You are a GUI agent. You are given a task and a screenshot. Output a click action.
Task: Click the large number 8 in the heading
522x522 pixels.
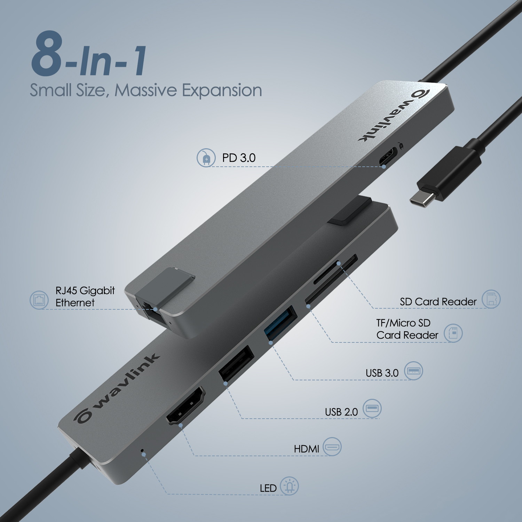(x=47, y=54)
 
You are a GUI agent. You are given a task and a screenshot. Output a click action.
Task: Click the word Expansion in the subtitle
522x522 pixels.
(x=222, y=90)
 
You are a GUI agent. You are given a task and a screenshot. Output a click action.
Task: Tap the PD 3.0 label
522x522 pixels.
(x=239, y=158)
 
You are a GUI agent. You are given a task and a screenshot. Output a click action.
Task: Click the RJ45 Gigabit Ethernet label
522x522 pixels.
(x=85, y=296)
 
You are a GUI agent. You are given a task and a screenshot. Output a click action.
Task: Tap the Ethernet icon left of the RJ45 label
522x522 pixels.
(x=39, y=300)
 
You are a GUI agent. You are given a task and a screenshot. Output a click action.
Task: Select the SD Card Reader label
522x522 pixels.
(x=438, y=302)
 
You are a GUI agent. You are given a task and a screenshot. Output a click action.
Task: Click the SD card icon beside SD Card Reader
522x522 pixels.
(x=491, y=299)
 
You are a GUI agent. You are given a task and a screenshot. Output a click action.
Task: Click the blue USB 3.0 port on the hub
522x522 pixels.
(x=280, y=322)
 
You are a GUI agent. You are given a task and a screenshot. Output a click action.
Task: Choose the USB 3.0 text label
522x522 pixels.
(x=382, y=373)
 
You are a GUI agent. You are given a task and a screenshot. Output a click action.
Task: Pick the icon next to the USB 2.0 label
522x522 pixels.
(x=372, y=408)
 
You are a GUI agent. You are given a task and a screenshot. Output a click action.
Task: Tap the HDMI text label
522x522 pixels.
(x=306, y=449)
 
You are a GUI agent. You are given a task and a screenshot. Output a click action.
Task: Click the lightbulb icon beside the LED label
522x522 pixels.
(x=289, y=486)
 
